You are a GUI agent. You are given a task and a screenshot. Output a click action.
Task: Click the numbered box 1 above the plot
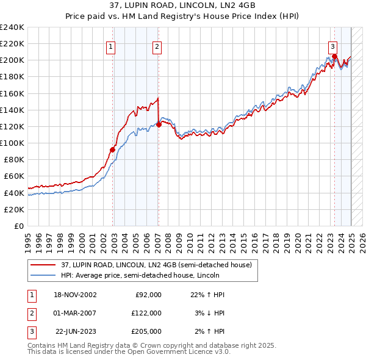coord(110,46)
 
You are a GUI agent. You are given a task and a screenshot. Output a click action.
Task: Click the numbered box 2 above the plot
coord(157,46)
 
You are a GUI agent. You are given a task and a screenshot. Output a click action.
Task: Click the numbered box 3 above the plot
coord(332,46)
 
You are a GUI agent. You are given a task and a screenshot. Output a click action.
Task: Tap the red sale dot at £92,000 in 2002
coord(113,149)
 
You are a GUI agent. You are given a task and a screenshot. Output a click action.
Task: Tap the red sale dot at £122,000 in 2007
coord(159,124)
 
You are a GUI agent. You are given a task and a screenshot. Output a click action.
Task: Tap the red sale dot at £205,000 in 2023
coord(335,56)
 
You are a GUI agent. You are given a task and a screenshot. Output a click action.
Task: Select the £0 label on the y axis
coord(19,226)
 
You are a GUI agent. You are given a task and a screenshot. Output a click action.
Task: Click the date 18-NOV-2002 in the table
coord(76,295)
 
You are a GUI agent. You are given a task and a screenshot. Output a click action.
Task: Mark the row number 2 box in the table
coord(31,313)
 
